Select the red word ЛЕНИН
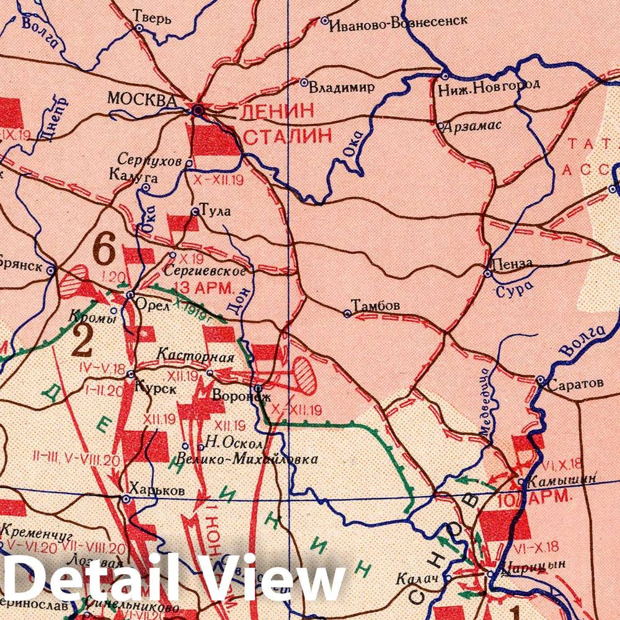point(268,112)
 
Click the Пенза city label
point(511,263)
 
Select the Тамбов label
point(376,306)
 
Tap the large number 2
point(82,341)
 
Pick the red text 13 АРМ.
point(203,288)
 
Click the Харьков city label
point(159,490)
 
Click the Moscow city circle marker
point(198,111)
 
